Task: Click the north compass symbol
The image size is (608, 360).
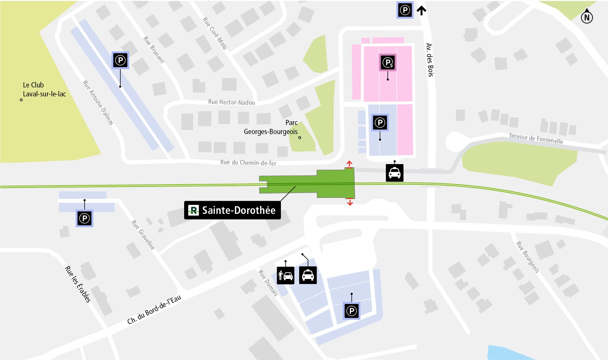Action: (587, 16)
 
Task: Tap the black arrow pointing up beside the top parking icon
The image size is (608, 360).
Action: (421, 10)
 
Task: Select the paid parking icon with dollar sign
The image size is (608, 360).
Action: (388, 63)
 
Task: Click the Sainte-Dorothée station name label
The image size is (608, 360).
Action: (232, 210)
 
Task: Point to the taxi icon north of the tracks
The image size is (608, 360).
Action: (395, 173)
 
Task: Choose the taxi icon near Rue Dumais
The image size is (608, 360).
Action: (308, 275)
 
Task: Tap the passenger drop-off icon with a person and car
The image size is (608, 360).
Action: (285, 275)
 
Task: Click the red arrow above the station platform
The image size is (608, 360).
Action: (349, 164)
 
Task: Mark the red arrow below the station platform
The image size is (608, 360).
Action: (350, 202)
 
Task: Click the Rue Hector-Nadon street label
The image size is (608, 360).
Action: (231, 102)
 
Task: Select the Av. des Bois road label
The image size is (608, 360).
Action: (429, 60)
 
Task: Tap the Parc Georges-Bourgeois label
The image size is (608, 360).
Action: (271, 127)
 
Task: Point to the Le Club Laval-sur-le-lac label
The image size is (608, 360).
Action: (44, 89)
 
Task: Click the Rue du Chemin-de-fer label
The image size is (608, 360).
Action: (248, 162)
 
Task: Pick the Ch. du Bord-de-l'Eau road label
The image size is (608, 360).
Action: (154, 310)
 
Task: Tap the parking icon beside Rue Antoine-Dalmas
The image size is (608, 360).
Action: (120, 60)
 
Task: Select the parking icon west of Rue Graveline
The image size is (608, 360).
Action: (84, 218)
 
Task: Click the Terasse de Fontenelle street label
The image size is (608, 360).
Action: (536, 139)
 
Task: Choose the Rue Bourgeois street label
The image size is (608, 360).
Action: (528, 257)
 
